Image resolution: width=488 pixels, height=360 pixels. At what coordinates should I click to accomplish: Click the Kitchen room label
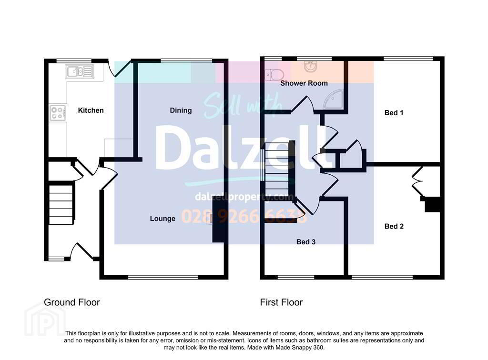(91, 110)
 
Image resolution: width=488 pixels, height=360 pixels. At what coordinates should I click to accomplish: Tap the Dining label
(181, 110)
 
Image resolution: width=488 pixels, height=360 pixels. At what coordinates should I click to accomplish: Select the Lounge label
(163, 219)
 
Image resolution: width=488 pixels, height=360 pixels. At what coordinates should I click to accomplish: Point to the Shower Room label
(304, 83)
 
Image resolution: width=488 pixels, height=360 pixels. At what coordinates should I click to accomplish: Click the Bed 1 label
(394, 113)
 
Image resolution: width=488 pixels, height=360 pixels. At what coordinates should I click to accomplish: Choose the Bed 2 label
(394, 226)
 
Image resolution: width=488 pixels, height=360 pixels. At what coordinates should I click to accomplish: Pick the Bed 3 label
(305, 242)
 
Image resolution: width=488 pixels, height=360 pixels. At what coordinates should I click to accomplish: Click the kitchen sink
(80, 72)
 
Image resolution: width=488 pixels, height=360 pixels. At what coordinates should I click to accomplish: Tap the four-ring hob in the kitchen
(58, 113)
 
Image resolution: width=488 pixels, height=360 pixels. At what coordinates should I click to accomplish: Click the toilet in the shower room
(274, 75)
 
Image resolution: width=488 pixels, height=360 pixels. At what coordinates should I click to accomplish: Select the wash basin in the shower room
(310, 67)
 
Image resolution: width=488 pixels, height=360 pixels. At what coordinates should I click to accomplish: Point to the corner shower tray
(334, 99)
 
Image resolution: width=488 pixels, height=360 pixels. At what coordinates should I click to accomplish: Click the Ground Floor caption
(72, 302)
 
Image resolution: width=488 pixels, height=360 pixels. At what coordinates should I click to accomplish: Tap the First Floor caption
(281, 302)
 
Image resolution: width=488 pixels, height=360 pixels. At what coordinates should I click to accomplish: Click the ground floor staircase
(61, 204)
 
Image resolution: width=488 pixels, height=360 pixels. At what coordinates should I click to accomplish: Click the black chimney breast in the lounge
(218, 220)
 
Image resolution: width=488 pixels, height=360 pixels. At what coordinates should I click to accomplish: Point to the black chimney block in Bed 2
(433, 205)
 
